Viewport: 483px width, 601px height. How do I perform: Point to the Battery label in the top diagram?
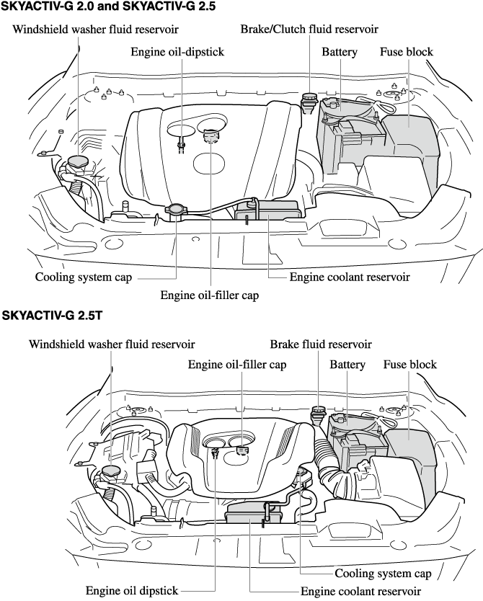[x=340, y=52]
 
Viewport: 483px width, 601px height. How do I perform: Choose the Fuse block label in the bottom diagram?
[x=409, y=365]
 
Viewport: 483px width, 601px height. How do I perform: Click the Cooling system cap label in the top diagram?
[x=83, y=277]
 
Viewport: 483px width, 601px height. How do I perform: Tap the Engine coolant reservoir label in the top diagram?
[x=350, y=277]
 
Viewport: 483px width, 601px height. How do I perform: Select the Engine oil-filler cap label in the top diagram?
[x=209, y=295]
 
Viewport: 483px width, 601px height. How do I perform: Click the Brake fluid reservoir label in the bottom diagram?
[x=321, y=344]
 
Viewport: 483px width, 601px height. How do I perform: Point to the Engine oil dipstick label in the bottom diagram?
[x=132, y=591]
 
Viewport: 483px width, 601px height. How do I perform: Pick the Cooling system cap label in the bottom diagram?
[x=383, y=574]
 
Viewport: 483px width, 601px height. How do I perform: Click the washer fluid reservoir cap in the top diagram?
[x=75, y=160]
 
